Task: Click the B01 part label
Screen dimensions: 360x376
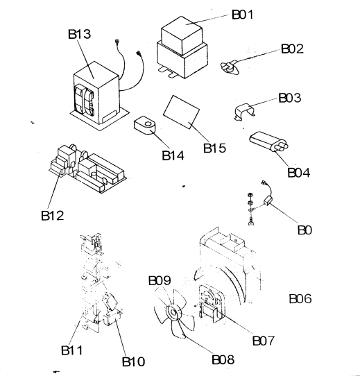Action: pyautogui.click(x=243, y=15)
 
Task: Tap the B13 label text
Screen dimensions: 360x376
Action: pyautogui.click(x=79, y=34)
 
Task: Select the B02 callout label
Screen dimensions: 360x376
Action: pyautogui.click(x=292, y=49)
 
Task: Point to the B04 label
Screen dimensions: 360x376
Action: pyautogui.click(x=298, y=173)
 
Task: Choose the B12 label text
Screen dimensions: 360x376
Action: pyautogui.click(x=53, y=215)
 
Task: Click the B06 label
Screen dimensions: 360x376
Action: pyautogui.click(x=300, y=299)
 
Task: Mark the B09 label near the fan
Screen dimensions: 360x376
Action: pyautogui.click(x=160, y=280)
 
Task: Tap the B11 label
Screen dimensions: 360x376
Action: pyautogui.click(x=72, y=350)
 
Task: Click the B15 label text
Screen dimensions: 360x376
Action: pyautogui.click(x=214, y=148)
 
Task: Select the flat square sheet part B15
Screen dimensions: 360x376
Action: pyautogui.click(x=181, y=112)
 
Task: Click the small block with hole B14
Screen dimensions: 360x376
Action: pyautogui.click(x=144, y=125)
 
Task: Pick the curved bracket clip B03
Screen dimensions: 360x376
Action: pyautogui.click(x=244, y=111)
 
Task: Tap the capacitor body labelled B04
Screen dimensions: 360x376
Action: pyautogui.click(x=268, y=142)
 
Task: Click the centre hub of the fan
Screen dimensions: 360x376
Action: pyautogui.click(x=173, y=312)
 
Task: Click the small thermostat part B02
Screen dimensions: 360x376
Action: pyautogui.click(x=229, y=67)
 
